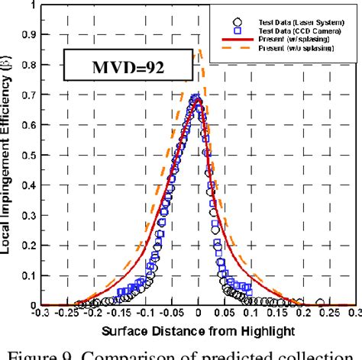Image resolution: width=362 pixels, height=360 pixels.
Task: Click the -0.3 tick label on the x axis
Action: click(37, 313)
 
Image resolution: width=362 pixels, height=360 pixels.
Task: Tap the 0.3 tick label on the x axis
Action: click(354, 313)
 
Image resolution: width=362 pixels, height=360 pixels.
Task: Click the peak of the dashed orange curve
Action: click(198, 50)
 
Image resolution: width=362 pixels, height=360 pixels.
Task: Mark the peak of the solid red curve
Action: click(197, 98)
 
